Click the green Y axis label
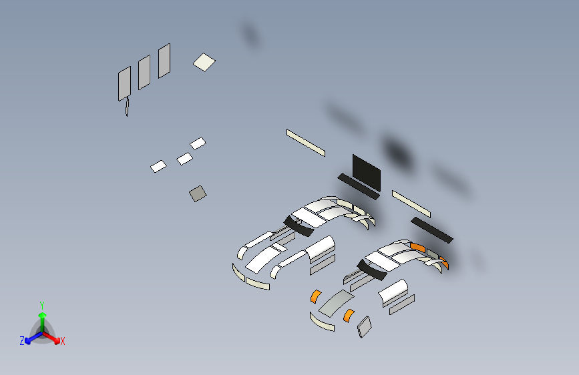tap(42, 306)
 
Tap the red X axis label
tap(62, 341)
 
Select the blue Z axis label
tap(22, 341)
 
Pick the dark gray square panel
tap(198, 194)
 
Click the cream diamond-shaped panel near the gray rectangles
tap(204, 62)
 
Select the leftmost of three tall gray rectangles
tap(124, 84)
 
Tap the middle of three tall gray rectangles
tap(144, 72)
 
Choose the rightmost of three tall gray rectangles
tap(164, 61)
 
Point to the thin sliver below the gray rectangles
tap(128, 107)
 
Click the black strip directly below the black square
tap(359, 186)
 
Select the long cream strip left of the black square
tap(306, 143)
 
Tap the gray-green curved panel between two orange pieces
tap(337, 304)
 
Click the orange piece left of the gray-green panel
tap(316, 296)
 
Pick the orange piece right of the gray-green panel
tap(349, 316)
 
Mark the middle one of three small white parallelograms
tap(184, 159)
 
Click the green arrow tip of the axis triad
tap(43, 315)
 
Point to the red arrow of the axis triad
tap(51, 337)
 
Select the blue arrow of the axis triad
tap(34, 338)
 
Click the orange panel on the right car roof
tap(417, 248)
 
